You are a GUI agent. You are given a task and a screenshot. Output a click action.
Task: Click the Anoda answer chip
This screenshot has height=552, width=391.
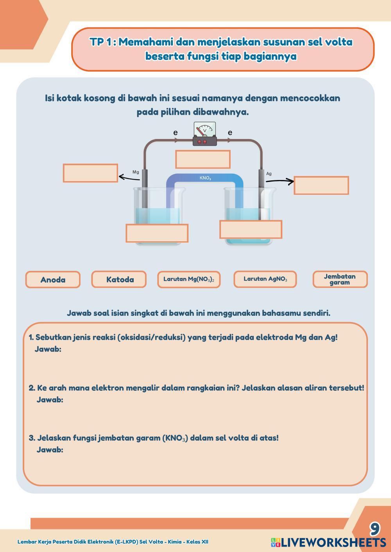53,280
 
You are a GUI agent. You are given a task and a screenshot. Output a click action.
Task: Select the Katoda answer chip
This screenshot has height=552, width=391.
119,279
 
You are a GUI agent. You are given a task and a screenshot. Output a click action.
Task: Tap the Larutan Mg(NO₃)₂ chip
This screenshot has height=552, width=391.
189,280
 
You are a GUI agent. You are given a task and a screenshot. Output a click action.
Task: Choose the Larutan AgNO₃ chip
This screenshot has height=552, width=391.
265,279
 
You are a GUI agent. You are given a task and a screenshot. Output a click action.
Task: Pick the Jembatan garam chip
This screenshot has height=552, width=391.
340,279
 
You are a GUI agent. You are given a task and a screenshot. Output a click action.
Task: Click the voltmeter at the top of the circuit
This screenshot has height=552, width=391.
204,134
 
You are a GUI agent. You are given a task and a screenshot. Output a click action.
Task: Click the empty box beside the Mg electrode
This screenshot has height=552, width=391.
90,173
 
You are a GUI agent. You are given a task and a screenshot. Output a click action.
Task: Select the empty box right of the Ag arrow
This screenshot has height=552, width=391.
321,185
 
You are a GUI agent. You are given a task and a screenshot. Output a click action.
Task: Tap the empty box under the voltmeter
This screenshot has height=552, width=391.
203,159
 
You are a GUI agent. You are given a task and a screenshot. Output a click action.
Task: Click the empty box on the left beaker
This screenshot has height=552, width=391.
157,233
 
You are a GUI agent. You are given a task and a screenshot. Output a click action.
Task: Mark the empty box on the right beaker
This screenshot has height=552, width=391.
251,230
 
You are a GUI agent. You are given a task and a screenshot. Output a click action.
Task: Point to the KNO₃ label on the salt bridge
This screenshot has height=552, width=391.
205,178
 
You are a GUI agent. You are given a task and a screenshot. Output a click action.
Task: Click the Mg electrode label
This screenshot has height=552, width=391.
136,172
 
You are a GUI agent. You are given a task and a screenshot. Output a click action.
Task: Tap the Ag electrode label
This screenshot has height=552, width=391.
269,174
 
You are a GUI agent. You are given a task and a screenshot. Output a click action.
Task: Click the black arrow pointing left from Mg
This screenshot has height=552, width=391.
129,178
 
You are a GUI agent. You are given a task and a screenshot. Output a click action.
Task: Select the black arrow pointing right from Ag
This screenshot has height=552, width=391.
280,181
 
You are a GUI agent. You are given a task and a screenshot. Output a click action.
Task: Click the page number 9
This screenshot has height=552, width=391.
375,529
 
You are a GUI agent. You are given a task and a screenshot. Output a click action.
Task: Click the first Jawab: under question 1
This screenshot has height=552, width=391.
48,349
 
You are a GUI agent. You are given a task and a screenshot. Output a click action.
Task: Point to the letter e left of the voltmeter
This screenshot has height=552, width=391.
176,133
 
